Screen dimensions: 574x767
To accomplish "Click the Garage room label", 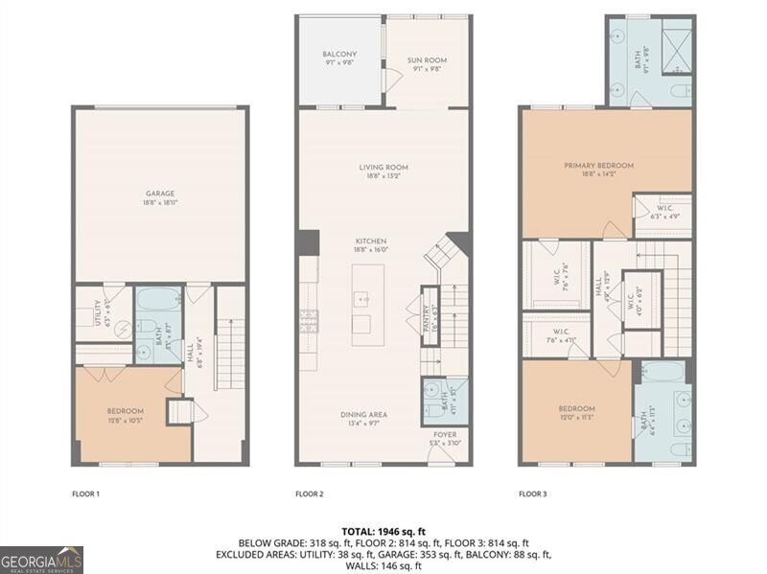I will click(x=160, y=194).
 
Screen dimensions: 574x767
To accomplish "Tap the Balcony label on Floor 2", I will click(x=340, y=55).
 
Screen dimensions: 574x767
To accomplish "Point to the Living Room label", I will click(x=383, y=168).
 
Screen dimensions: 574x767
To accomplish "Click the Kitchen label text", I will click(x=371, y=241).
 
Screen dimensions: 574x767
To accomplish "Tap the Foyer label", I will click(x=445, y=434).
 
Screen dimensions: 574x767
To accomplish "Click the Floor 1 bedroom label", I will click(x=125, y=411).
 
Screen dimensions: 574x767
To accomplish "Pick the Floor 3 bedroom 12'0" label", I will click(x=577, y=408).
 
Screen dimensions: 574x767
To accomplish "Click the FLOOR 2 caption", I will click(x=309, y=494).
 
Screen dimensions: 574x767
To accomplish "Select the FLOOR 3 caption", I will click(x=533, y=494).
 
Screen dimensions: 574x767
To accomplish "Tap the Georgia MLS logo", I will click(x=41, y=560).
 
